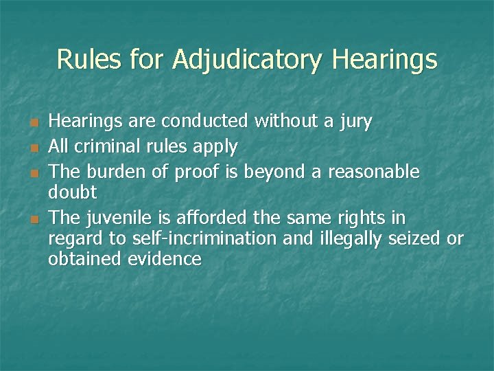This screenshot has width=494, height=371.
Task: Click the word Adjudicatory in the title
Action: coord(247,60)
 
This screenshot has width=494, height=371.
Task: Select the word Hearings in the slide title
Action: coord(384,60)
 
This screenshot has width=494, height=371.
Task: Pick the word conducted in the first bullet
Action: coord(204,122)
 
